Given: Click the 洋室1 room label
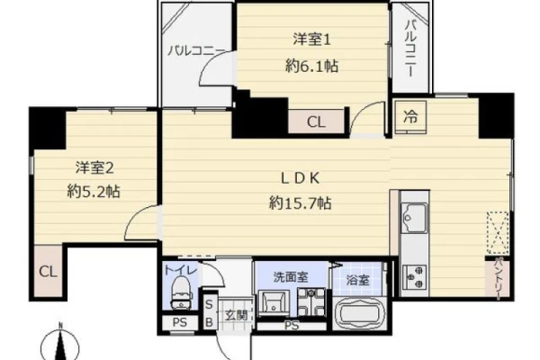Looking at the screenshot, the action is coord(311,40).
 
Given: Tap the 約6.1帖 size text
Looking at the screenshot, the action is coord(311,66).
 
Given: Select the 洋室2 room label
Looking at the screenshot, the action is coord(94,167).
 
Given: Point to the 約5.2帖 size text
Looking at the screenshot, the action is coord(94,191).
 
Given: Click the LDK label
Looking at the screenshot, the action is coord(301,178).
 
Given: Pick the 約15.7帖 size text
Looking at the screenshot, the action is coord(301,202).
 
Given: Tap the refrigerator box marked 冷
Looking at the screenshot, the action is coord(410,117).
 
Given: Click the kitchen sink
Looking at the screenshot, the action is coord(414,217).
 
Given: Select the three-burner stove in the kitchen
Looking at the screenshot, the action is coord(415,276).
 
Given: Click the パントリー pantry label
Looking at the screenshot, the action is coord(499,278).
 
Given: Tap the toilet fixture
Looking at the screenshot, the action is coord(181,292).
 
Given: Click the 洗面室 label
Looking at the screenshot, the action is coord(291,276).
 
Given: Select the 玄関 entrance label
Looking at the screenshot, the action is coord(236,314).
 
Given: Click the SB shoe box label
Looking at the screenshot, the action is coord(209,313).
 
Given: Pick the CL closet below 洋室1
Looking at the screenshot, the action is coord(316,122).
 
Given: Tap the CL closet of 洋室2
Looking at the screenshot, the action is coord(48,271).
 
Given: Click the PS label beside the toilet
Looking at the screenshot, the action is coord(179,322).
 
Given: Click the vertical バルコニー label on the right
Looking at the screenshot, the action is coord(410,48).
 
